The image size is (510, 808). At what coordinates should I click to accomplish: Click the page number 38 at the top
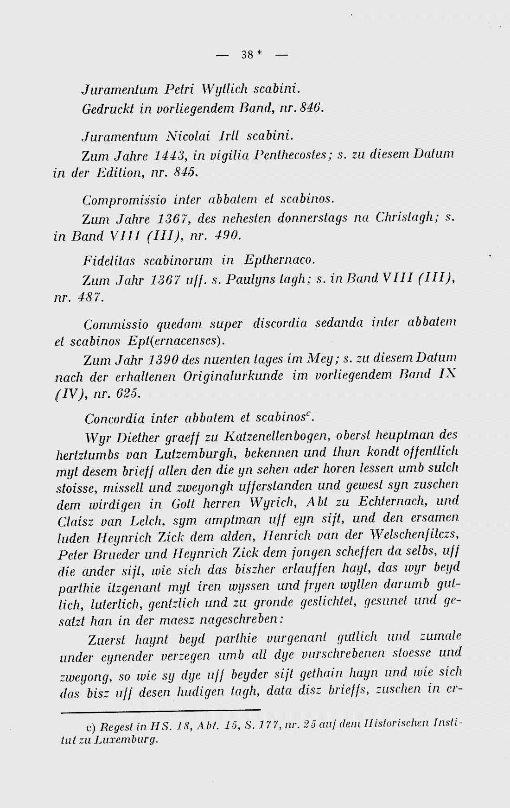[x=248, y=55]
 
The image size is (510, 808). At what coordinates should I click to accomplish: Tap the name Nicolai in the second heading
[x=188, y=136]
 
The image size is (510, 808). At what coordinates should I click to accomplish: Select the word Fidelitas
[x=109, y=261]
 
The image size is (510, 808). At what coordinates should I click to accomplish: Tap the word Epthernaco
[x=278, y=260]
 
